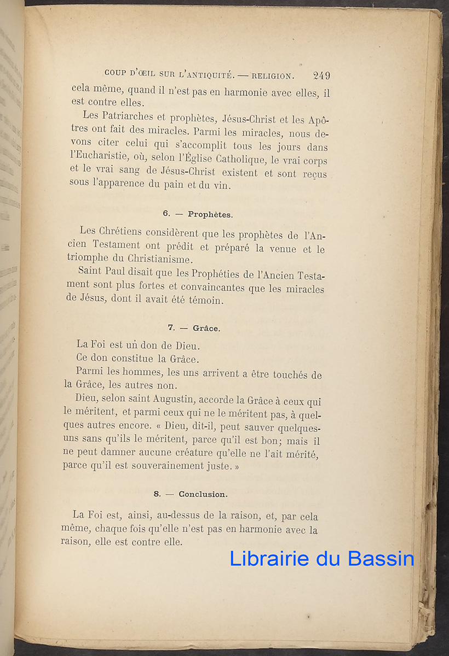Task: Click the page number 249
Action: point(321,75)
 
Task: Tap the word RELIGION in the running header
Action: point(272,75)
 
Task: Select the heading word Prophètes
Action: point(210,214)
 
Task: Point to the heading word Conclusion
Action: point(203,494)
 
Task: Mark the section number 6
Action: point(165,214)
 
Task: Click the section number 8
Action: point(157,494)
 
